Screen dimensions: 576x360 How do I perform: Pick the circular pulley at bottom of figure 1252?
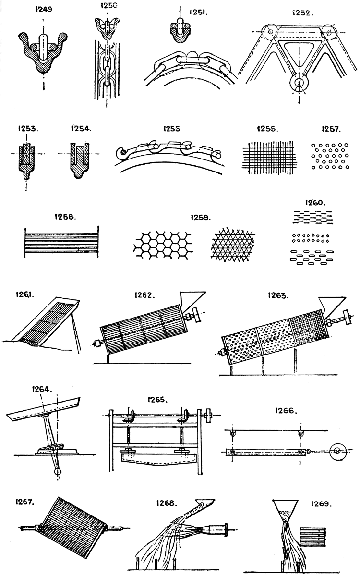300,85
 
